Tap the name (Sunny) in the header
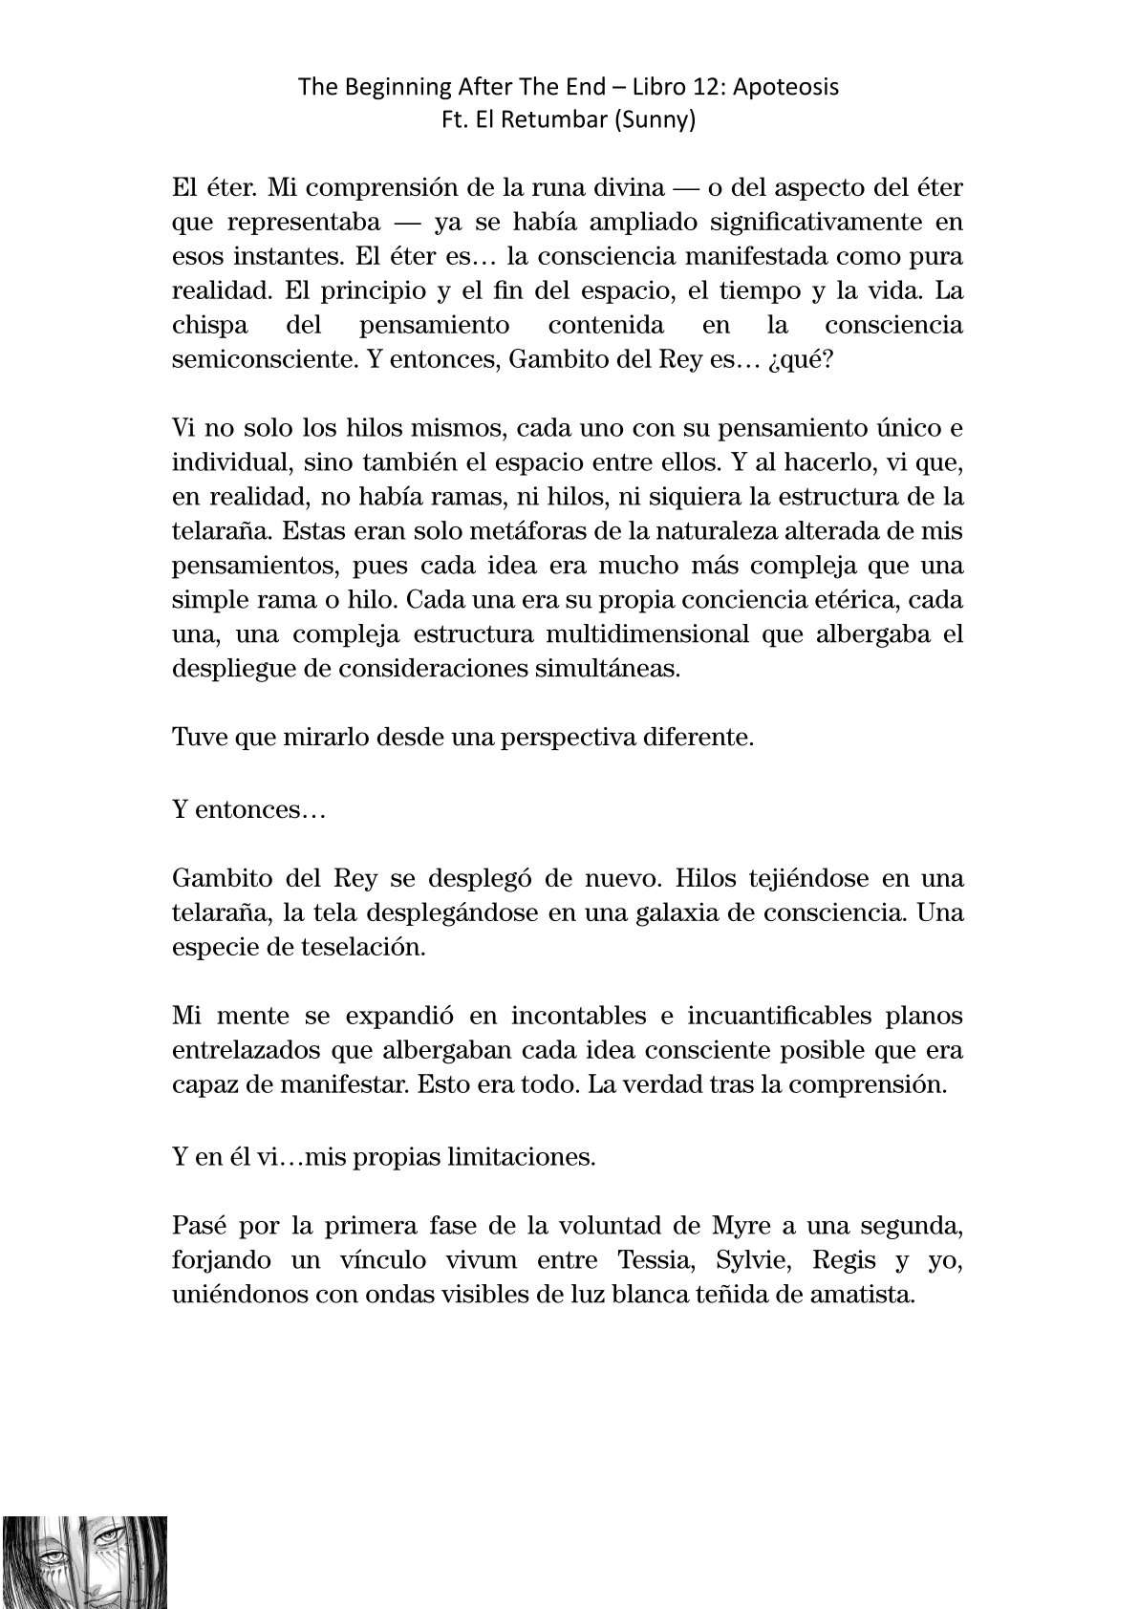pos(660,121)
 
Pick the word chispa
pos(209,325)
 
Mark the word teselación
pos(364,946)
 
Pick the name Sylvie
pos(754,1260)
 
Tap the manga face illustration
pos(83,1562)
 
